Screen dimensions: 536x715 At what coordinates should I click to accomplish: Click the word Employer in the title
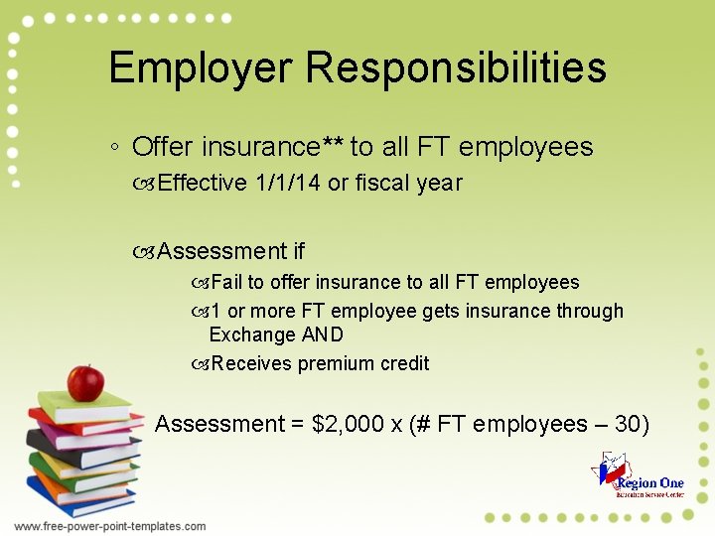(201, 68)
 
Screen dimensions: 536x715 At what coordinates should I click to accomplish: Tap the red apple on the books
(85, 382)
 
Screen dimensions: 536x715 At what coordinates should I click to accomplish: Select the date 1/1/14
(286, 183)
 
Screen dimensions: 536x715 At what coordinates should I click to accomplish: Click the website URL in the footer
(110, 526)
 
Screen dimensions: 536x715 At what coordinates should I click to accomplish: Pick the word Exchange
(252, 335)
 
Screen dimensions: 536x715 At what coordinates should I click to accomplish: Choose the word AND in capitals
(323, 335)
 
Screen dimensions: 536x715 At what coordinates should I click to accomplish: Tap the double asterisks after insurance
(334, 145)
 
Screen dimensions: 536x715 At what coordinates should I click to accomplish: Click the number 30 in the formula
(628, 424)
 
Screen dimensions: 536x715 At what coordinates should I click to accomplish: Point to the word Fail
(226, 283)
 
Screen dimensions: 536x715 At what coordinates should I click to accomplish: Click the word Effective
(202, 183)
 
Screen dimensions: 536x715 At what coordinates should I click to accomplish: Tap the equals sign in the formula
(298, 425)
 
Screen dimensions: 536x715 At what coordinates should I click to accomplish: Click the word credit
(405, 363)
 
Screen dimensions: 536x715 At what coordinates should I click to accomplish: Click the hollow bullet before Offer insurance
(116, 149)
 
